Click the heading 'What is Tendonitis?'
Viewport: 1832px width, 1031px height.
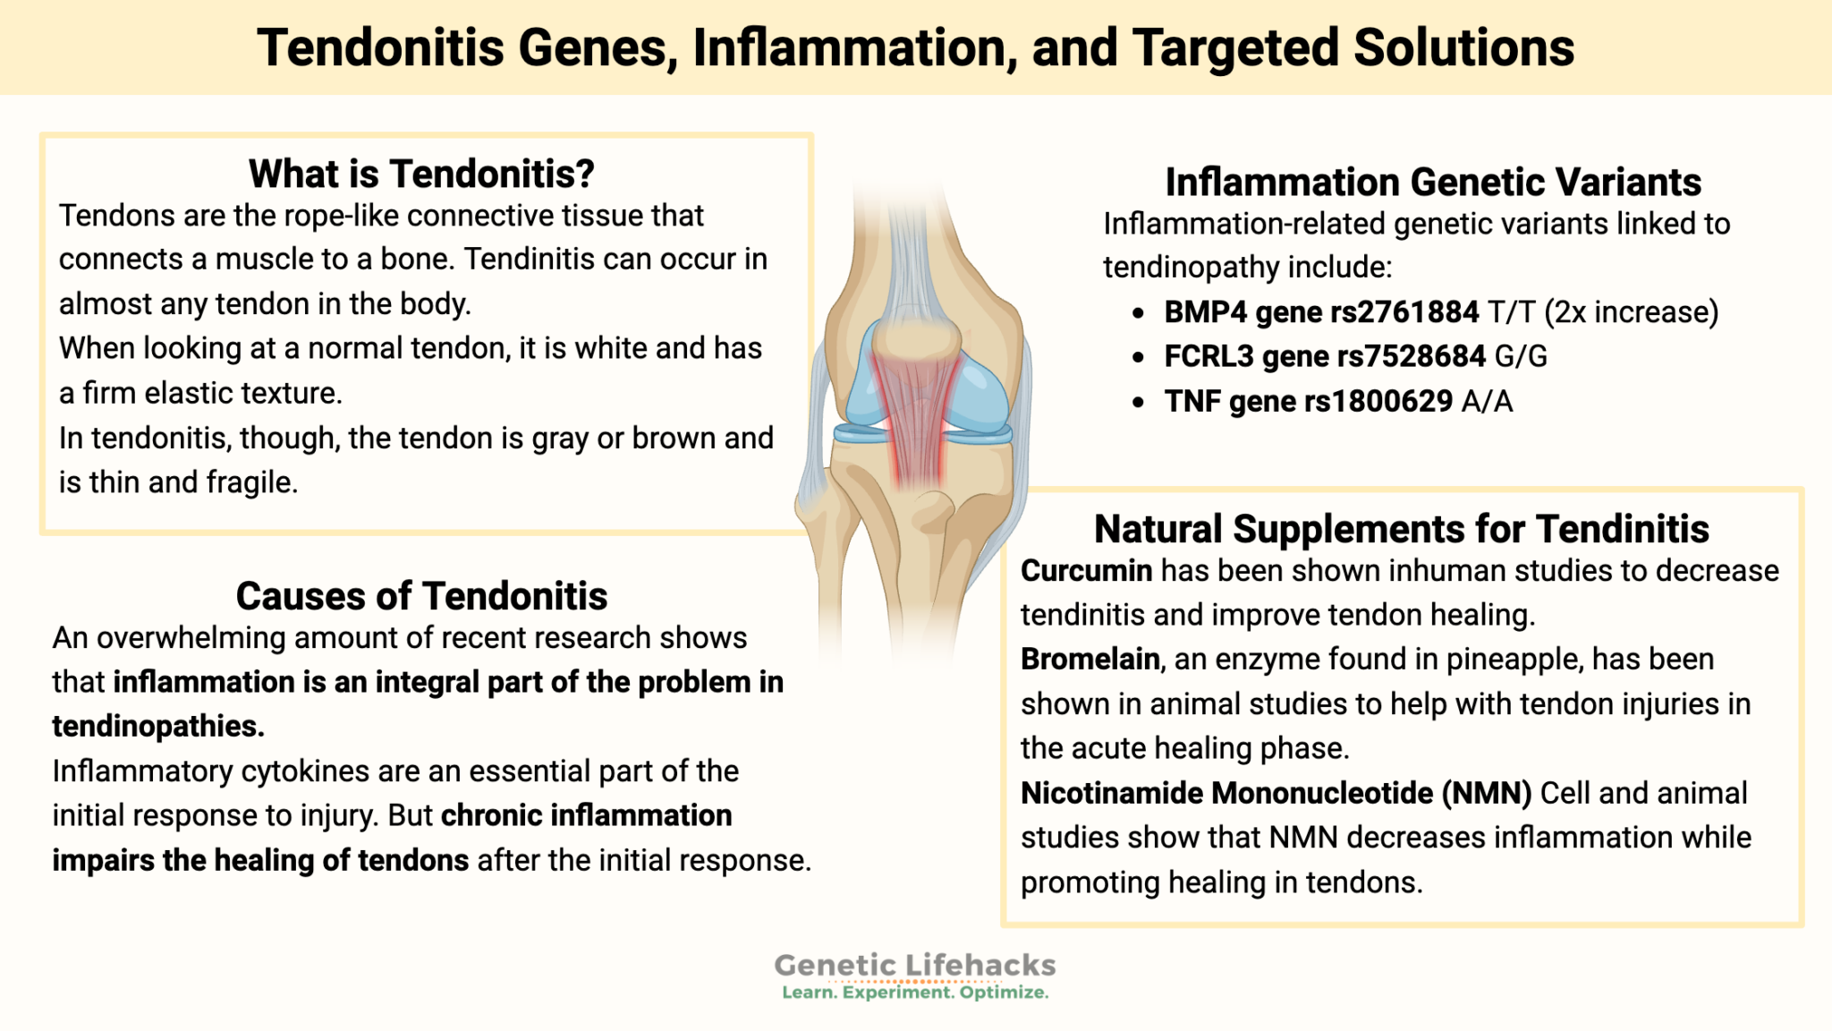(x=421, y=174)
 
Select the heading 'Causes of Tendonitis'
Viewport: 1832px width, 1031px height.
(x=421, y=596)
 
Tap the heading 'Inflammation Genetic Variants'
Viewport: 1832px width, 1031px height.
(x=1432, y=183)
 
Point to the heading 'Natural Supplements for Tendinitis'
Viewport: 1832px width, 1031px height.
(x=1401, y=529)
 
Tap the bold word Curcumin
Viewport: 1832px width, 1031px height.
(x=1086, y=571)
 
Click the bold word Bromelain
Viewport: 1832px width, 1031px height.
(x=1090, y=660)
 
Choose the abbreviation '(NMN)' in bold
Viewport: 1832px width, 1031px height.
(x=1487, y=794)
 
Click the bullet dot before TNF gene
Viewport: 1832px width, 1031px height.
(x=1138, y=403)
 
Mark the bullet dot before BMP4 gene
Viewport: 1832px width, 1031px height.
(x=1138, y=313)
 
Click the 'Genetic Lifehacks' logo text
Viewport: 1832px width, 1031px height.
(x=914, y=965)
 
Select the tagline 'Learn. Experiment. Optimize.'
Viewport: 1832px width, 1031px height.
(x=914, y=993)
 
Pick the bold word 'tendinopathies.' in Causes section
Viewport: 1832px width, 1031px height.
(x=158, y=727)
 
